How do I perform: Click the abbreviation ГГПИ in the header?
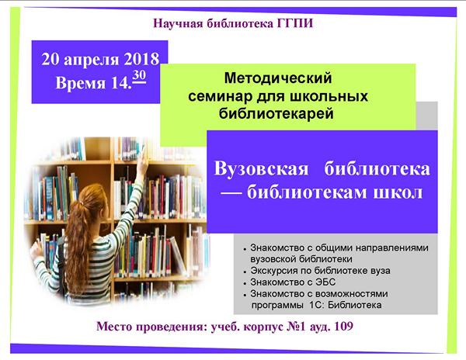295,23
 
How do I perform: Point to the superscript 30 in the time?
139,76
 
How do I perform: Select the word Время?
81,82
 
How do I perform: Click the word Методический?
278,78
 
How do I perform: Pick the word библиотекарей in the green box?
276,113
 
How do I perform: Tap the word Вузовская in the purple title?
261,168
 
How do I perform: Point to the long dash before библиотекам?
231,193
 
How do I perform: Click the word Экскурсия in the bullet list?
272,271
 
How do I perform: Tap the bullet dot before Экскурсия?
245,272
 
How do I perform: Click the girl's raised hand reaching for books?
143,161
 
